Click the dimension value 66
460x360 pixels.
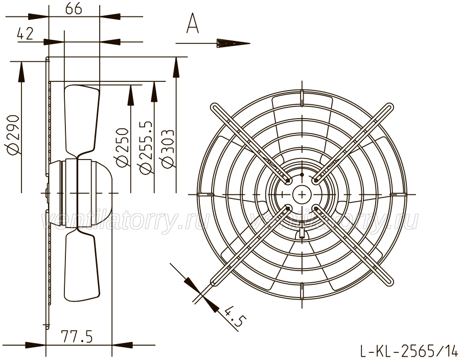[73, 9]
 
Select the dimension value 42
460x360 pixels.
[25, 34]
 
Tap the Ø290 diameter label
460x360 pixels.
[13, 134]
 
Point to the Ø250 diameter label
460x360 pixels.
[122, 147]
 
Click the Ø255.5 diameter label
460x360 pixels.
[146, 147]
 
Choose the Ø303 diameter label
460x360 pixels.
[167, 149]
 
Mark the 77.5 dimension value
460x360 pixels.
[77, 336]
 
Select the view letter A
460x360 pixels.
[193, 23]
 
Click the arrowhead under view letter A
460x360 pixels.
[234, 43]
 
